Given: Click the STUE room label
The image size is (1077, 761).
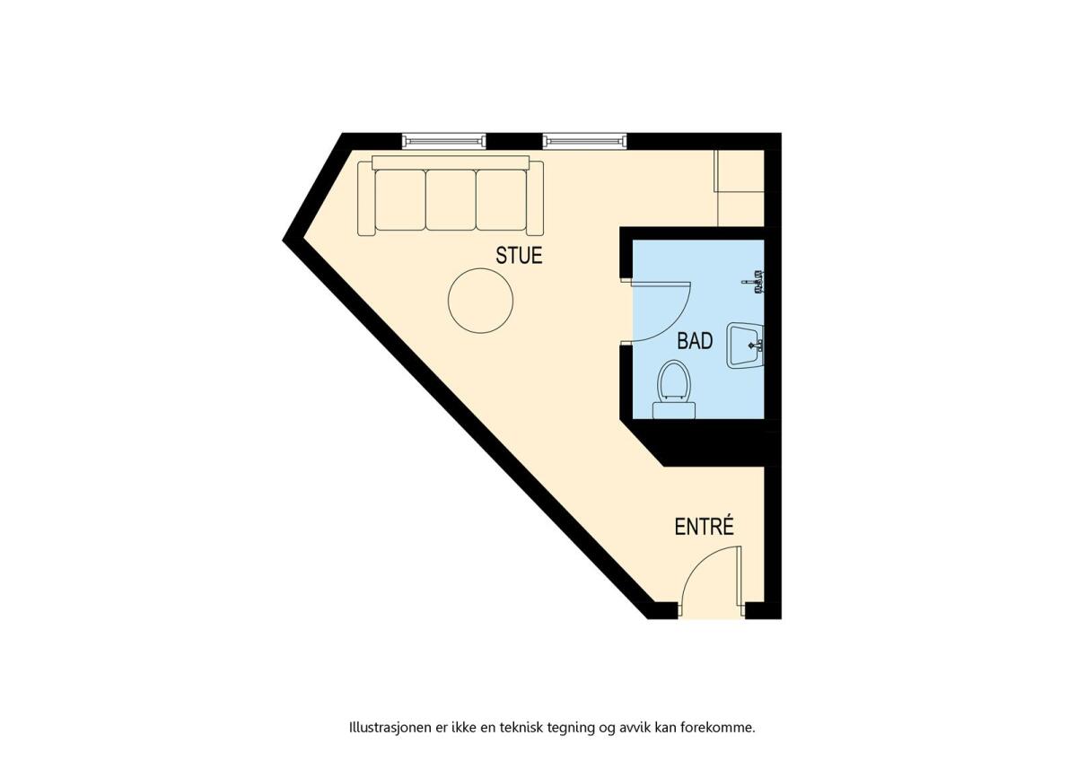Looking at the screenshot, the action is pyautogui.click(x=519, y=256).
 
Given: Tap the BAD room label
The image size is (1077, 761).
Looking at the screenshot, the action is pyautogui.click(x=695, y=341).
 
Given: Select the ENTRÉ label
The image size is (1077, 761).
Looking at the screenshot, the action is pyautogui.click(x=705, y=527).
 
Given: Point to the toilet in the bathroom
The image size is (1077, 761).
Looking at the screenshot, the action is pyautogui.click(x=674, y=389).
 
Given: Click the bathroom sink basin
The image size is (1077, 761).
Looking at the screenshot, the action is pyautogui.click(x=745, y=346).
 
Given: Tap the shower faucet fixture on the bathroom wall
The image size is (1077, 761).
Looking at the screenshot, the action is pyautogui.click(x=754, y=282).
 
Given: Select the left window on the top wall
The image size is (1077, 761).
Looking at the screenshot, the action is pyautogui.click(x=443, y=141).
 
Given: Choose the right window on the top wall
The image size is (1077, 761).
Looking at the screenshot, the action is pyautogui.click(x=585, y=141).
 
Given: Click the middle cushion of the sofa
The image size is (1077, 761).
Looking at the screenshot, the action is pyautogui.click(x=451, y=200).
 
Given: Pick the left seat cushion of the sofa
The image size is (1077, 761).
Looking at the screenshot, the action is pyautogui.click(x=400, y=200).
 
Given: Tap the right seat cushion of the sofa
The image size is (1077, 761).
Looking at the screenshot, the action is pyautogui.click(x=502, y=200).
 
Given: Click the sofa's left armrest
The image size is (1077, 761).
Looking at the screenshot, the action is pyautogui.click(x=366, y=198).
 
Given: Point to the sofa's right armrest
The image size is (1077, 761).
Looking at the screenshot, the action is pyautogui.click(x=535, y=198).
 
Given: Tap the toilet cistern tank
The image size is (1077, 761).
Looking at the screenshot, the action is pyautogui.click(x=674, y=411).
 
